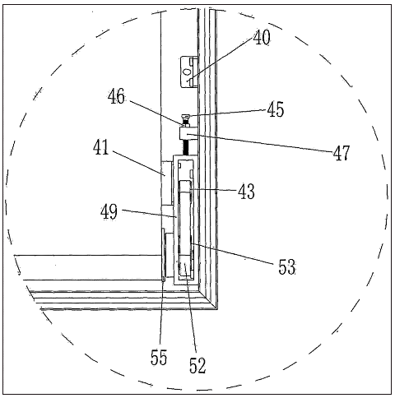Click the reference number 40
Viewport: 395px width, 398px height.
click(262, 37)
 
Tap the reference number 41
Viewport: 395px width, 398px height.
click(101, 147)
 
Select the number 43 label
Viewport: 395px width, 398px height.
click(246, 191)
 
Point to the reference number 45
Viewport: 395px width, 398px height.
click(276, 109)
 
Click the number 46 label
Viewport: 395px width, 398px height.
click(116, 96)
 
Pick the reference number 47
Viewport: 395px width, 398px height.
click(342, 152)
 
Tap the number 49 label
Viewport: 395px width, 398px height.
click(109, 211)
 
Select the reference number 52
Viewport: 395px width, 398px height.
click(197, 365)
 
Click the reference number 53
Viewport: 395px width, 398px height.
click(287, 266)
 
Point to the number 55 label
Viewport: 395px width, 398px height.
click(159, 357)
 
